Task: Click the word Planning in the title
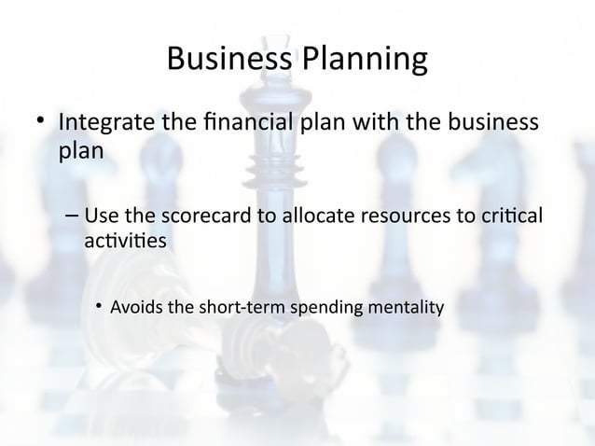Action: point(365,62)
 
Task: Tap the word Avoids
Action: point(136,306)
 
